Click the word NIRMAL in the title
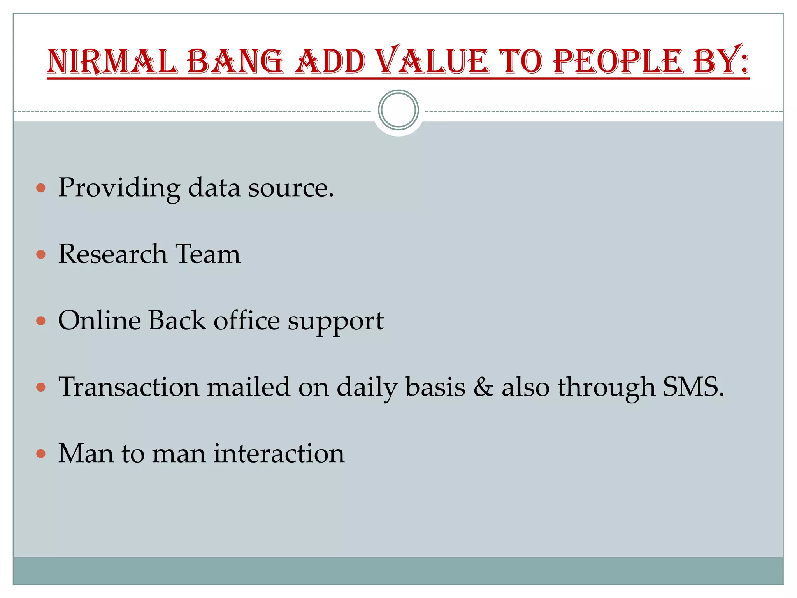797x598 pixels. [x=112, y=61]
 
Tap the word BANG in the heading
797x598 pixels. [x=235, y=61]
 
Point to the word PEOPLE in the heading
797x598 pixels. [x=618, y=61]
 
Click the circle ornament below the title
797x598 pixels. [x=398, y=110]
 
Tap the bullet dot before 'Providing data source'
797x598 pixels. [x=41, y=188]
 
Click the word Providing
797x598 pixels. [x=119, y=188]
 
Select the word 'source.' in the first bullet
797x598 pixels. [x=291, y=188]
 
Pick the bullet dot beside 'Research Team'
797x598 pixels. [x=41, y=255]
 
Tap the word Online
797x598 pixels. [x=99, y=321]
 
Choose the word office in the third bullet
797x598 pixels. [x=247, y=321]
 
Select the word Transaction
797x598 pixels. [x=129, y=387]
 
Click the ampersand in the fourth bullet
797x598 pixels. [x=483, y=387]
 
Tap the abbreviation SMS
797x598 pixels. [x=693, y=387]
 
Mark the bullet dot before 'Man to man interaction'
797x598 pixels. [x=41, y=454]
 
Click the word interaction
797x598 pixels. [x=279, y=454]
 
